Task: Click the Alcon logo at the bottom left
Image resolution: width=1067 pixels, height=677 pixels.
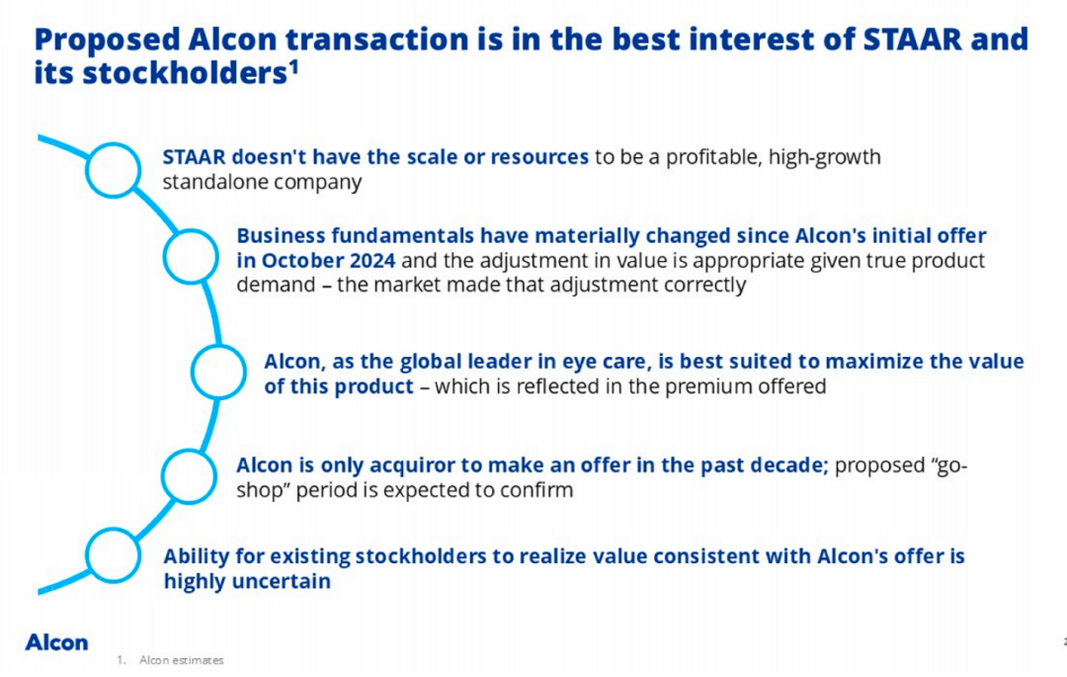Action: pos(56,642)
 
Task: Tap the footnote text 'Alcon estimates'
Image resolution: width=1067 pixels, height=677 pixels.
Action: pos(181,660)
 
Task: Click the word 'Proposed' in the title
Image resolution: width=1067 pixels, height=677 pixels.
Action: pos(107,41)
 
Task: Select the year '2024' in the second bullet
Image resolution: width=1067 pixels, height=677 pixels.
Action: pos(372,261)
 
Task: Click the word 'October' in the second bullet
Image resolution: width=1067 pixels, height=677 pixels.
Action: pos(303,261)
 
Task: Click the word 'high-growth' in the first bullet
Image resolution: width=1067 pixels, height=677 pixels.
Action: pos(824,158)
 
